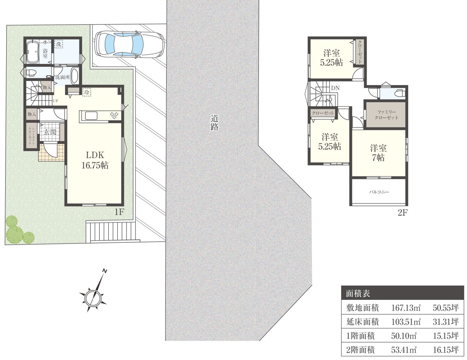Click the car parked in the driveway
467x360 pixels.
coord(130,45)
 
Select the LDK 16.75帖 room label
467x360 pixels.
coord(95,160)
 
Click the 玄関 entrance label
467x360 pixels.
coord(50,132)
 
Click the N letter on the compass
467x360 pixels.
coord(105,271)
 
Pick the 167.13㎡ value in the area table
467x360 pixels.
coord(406,308)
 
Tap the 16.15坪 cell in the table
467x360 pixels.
coord(446,349)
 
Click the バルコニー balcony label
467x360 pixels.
coord(379,192)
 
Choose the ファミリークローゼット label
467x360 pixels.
coord(386,115)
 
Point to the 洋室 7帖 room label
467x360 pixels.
coord(378,153)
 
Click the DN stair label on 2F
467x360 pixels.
coord(335,88)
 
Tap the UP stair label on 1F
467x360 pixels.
coord(55,101)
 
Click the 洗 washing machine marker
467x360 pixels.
coord(58,44)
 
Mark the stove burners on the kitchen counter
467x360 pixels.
coord(114,115)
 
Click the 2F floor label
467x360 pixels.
coord(402,213)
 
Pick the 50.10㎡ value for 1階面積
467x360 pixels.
coord(404,336)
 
